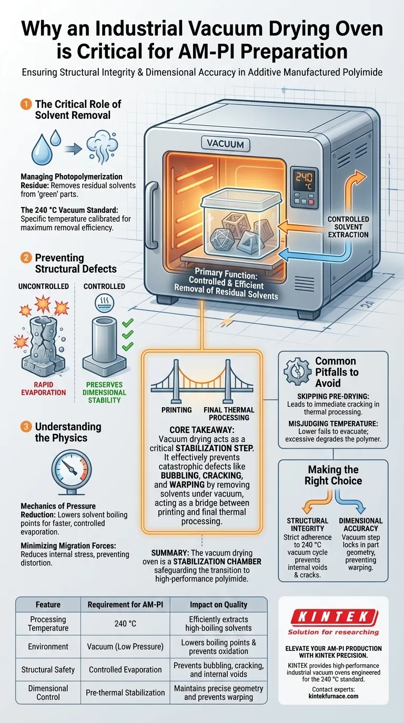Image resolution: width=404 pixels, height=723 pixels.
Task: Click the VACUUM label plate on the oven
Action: tap(225, 143)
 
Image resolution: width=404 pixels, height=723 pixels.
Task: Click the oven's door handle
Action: tap(151, 215)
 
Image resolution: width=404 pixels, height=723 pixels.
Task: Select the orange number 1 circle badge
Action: tap(26, 104)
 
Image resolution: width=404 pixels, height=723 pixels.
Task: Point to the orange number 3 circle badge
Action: tap(26, 427)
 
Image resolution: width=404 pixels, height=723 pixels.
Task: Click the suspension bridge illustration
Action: tap(202, 380)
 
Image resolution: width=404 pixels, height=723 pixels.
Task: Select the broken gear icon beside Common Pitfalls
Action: tap(297, 371)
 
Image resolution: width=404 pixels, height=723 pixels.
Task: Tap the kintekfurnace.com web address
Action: tap(333, 696)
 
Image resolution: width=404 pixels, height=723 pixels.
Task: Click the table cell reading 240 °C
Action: tap(125, 624)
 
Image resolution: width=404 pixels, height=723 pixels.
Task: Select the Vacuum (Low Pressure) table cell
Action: tap(125, 646)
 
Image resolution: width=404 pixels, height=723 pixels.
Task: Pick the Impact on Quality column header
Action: tap(218, 605)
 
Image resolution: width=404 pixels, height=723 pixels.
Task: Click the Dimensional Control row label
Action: tap(48, 693)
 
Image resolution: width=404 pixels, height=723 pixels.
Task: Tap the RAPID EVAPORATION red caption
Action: tap(43, 389)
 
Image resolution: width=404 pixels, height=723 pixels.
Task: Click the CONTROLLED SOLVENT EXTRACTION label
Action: tap(348, 227)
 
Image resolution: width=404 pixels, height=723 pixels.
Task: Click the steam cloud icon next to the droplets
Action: tap(102, 146)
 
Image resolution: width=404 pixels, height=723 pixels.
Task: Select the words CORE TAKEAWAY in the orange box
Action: tap(201, 430)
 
